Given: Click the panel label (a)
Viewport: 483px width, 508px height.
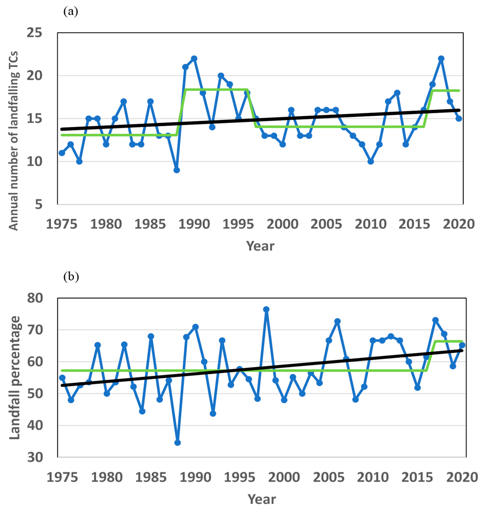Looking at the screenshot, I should (x=71, y=12).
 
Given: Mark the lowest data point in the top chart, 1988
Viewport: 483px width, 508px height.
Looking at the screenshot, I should (x=177, y=170).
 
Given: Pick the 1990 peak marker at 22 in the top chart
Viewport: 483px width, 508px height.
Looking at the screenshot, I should (x=194, y=59).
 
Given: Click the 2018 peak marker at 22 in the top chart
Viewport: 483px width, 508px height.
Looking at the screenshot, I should (x=441, y=59).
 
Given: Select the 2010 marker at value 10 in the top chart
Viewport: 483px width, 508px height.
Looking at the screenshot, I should (x=371, y=161).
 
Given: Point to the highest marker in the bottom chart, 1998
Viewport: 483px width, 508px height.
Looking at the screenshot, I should (x=266, y=309).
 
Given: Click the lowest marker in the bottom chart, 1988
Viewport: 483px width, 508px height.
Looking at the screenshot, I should (x=177, y=443).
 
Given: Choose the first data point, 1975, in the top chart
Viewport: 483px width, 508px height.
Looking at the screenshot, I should (x=62, y=153).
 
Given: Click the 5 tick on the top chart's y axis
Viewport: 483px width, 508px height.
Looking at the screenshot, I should (x=39, y=205).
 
